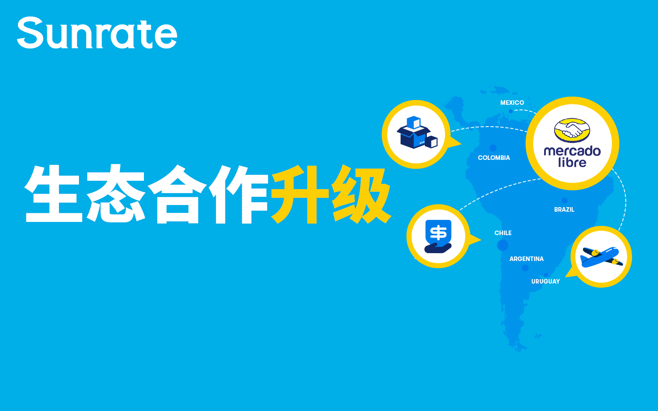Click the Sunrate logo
pyautogui.click(x=97, y=32)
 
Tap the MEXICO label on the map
pyautogui.click(x=512, y=103)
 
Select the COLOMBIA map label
pyautogui.click(x=494, y=158)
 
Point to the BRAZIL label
pyautogui.click(x=564, y=210)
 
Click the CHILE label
pyautogui.click(x=503, y=233)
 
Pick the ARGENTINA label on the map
pyautogui.click(x=526, y=259)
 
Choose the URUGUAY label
pyautogui.click(x=545, y=282)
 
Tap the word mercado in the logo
pyautogui.click(x=572, y=151)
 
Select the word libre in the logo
pyautogui.click(x=572, y=162)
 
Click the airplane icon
pyautogui.click(x=602, y=257)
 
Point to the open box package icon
pyautogui.click(x=417, y=132)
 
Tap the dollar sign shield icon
pyautogui.click(x=438, y=236)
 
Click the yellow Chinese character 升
pyautogui.click(x=300, y=194)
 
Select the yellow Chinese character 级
pyautogui.click(x=361, y=194)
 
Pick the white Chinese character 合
pyautogui.click(x=177, y=194)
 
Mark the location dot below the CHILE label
pyautogui.click(x=503, y=245)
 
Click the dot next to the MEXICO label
pyautogui.click(x=511, y=111)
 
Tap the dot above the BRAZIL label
pyautogui.click(x=564, y=201)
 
